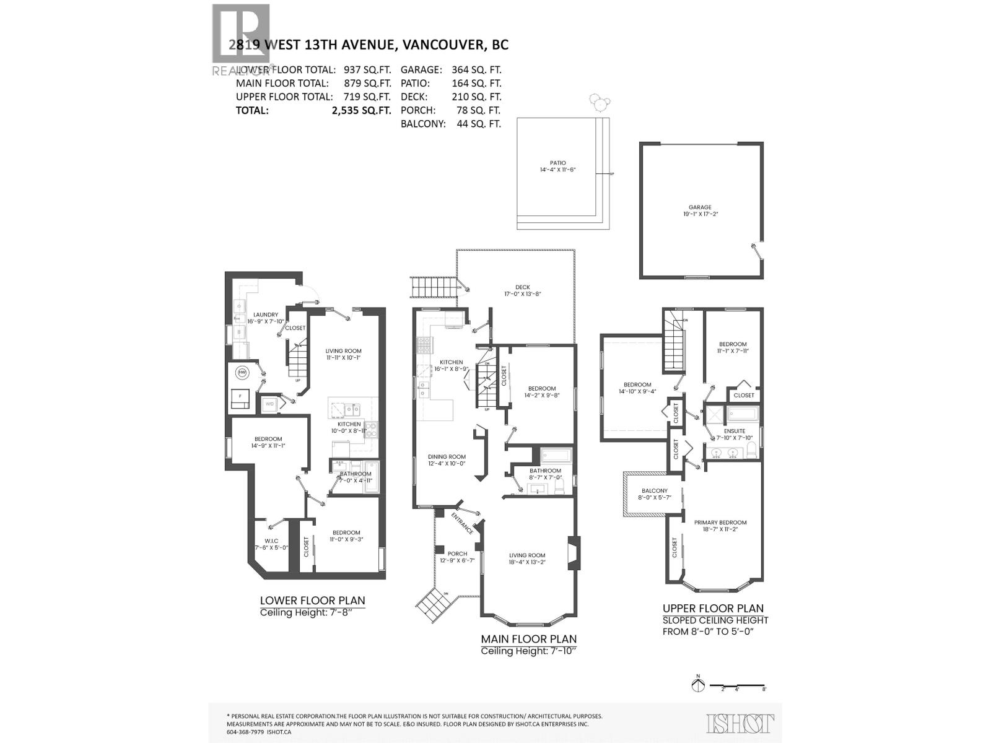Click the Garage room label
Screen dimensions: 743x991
click(701, 207)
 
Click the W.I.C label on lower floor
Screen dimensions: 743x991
click(271, 541)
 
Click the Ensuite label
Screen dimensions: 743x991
click(734, 431)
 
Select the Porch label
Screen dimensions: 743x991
click(457, 554)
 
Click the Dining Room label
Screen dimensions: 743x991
click(446, 456)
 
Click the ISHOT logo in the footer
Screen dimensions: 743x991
click(740, 723)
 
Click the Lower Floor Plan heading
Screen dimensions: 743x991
click(312, 600)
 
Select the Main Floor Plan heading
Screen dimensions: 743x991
click(528, 638)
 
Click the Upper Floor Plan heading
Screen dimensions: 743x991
click(713, 608)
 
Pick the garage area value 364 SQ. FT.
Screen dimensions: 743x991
click(477, 70)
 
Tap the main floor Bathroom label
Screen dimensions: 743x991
click(545, 471)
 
